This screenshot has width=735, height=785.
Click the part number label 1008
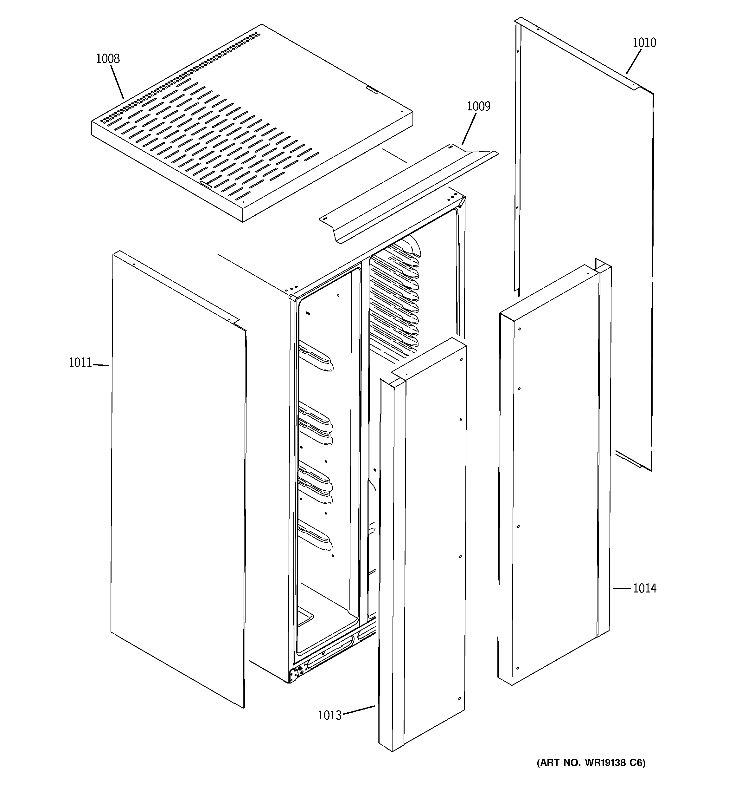pos(108,59)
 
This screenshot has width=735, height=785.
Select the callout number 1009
pos(479,107)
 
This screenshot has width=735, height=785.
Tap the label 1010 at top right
pos(644,43)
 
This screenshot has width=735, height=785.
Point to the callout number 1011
pos(80,363)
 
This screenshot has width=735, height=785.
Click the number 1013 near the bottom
pos(330,715)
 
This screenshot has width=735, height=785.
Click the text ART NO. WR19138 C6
pos(591,773)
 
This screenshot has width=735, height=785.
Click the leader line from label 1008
pos(117,82)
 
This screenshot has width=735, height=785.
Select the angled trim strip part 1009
pos(406,193)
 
